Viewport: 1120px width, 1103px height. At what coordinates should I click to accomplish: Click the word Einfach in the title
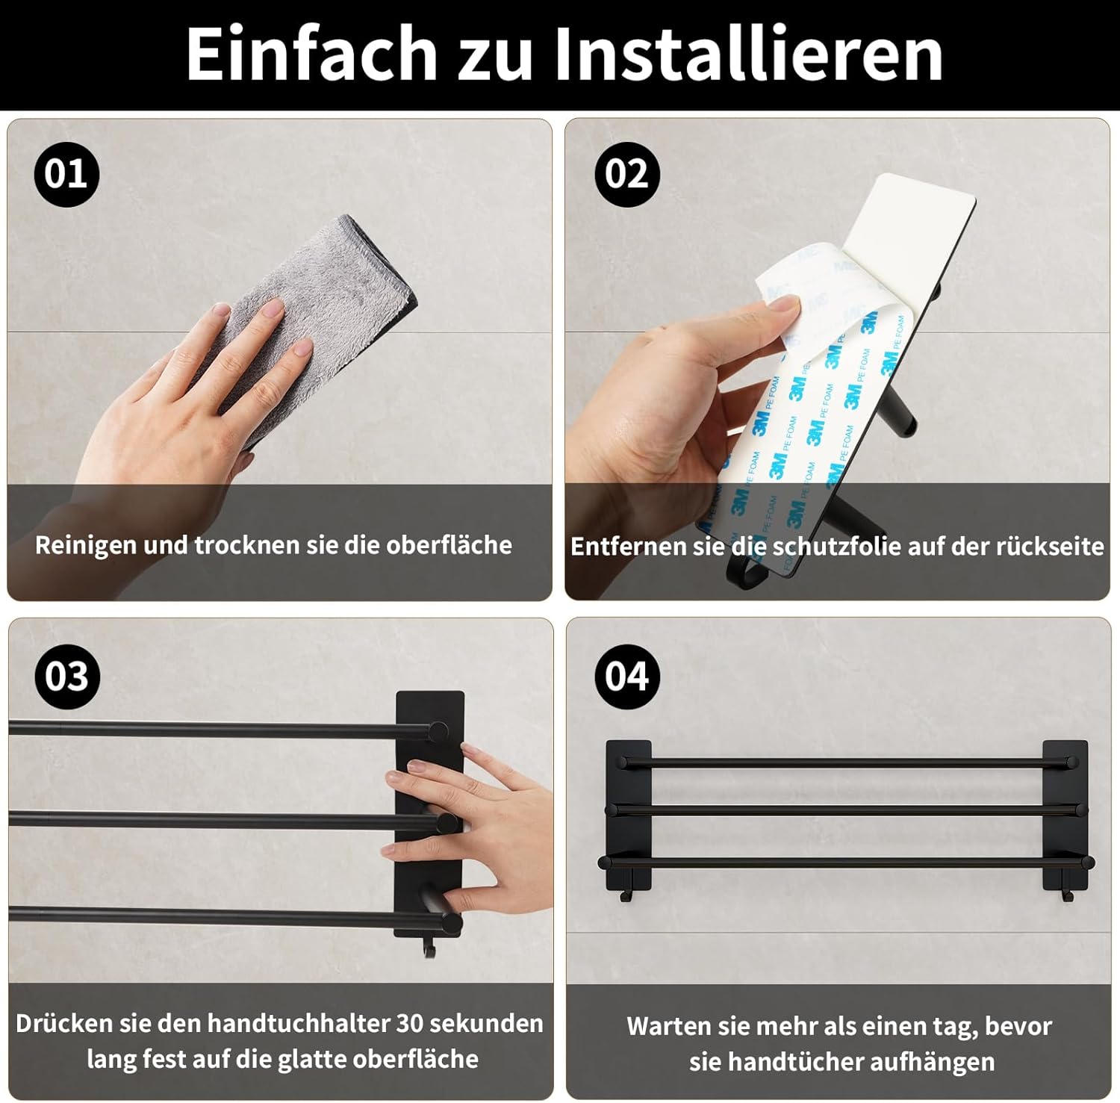pyautogui.click(x=311, y=53)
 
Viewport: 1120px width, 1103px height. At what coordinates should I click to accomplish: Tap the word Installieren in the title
pyautogui.click(x=747, y=53)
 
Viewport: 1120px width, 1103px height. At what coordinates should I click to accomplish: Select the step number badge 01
pyautogui.click(x=66, y=174)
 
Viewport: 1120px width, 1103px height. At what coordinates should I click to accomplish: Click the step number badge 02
pyautogui.click(x=627, y=174)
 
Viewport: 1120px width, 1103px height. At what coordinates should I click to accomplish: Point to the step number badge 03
pyautogui.click(x=67, y=677)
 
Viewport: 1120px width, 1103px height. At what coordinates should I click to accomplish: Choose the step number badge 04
pyautogui.click(x=627, y=677)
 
